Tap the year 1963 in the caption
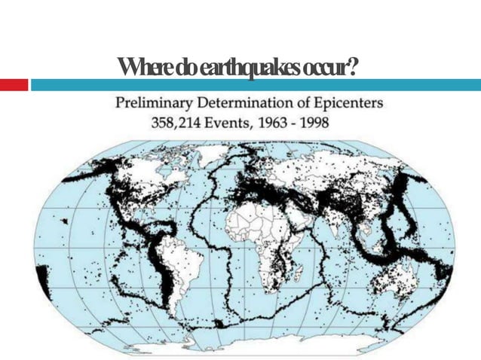click(264, 122)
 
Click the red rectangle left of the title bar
click(14, 85)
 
